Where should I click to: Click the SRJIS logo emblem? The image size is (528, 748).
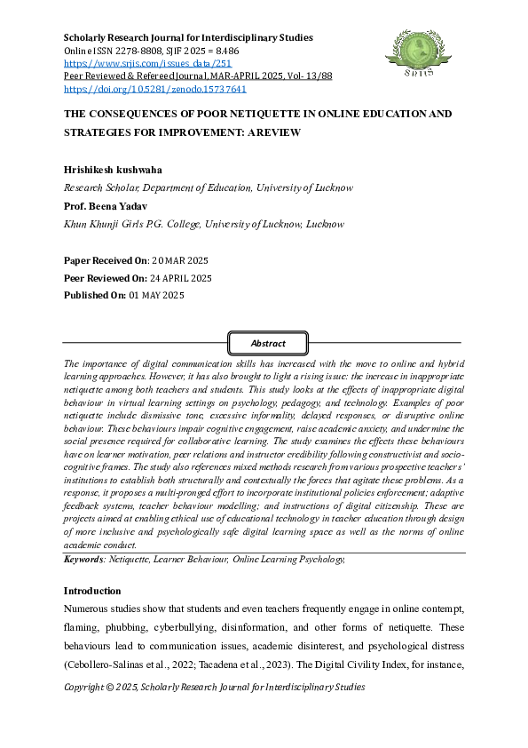click(412, 52)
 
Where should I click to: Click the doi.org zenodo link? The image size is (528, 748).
click(155, 89)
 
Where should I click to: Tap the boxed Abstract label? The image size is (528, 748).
click(268, 344)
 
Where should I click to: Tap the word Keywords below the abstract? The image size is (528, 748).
click(83, 561)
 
